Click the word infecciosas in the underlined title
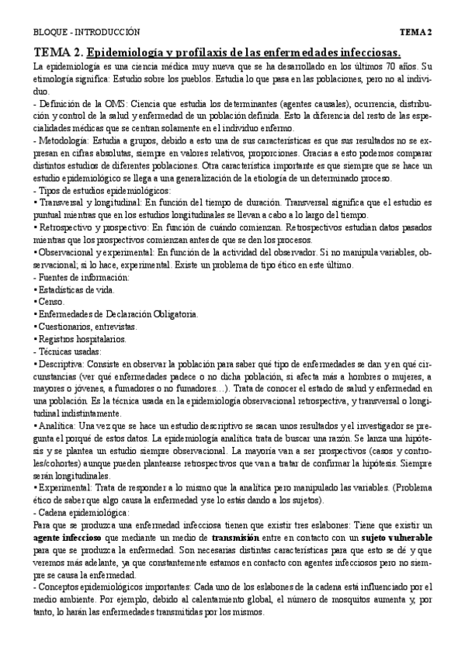(364, 53)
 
